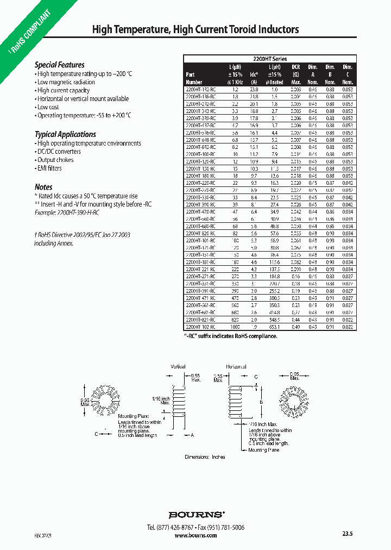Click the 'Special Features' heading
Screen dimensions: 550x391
pos(60,65)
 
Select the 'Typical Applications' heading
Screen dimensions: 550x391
pos(65,134)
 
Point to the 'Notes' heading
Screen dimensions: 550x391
pos(43,186)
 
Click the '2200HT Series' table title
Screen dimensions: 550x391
pos(270,59)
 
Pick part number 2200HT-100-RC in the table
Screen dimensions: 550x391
pos(200,154)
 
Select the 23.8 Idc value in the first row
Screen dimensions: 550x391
pos(254,89)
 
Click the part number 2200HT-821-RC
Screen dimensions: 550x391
pos(200,321)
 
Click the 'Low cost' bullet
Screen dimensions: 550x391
pos(48,107)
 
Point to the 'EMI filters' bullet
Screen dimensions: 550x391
pos(49,168)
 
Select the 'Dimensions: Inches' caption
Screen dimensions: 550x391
pos(205,457)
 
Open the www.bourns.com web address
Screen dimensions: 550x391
pos(196,535)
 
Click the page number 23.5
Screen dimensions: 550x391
pos(348,534)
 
